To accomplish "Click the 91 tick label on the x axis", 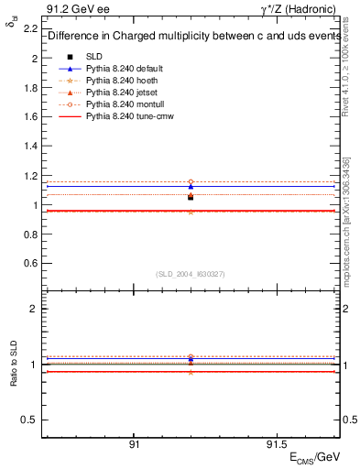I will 134,443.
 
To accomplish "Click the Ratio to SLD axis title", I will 14,365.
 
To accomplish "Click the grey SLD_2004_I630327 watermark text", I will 191,274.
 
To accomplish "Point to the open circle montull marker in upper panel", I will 191,182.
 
